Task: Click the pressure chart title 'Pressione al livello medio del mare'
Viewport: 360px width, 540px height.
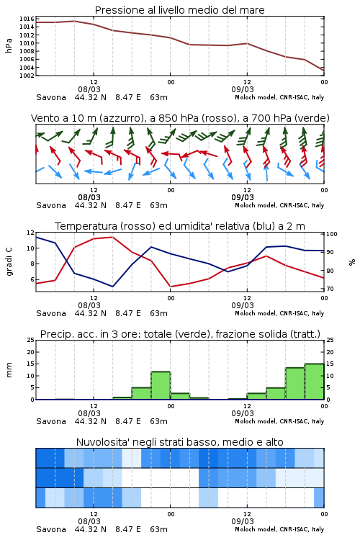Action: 179,10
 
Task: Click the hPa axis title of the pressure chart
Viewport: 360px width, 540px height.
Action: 9,45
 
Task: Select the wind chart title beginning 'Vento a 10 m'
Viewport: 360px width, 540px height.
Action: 180,118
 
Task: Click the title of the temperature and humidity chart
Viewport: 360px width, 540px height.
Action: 180,226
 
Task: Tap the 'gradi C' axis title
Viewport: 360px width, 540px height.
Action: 9,261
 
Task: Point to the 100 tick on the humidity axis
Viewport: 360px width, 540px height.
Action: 332,234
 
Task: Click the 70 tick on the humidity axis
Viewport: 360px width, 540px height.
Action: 330,289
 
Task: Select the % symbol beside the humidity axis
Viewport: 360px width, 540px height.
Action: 352,262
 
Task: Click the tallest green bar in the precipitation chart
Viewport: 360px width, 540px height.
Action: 314,381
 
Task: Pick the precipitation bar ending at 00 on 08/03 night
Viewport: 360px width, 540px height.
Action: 161,385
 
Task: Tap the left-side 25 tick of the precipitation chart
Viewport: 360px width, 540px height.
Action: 31,340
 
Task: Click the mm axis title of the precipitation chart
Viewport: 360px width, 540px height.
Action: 9,370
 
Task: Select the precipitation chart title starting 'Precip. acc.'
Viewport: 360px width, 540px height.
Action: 180,334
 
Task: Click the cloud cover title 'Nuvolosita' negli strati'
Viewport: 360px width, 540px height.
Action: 179,442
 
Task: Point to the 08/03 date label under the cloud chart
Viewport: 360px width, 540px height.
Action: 89,521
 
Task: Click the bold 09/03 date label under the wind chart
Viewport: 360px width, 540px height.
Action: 243,197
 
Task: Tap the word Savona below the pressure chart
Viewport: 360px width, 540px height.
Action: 51,97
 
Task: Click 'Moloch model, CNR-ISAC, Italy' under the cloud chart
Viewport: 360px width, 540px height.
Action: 279,529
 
